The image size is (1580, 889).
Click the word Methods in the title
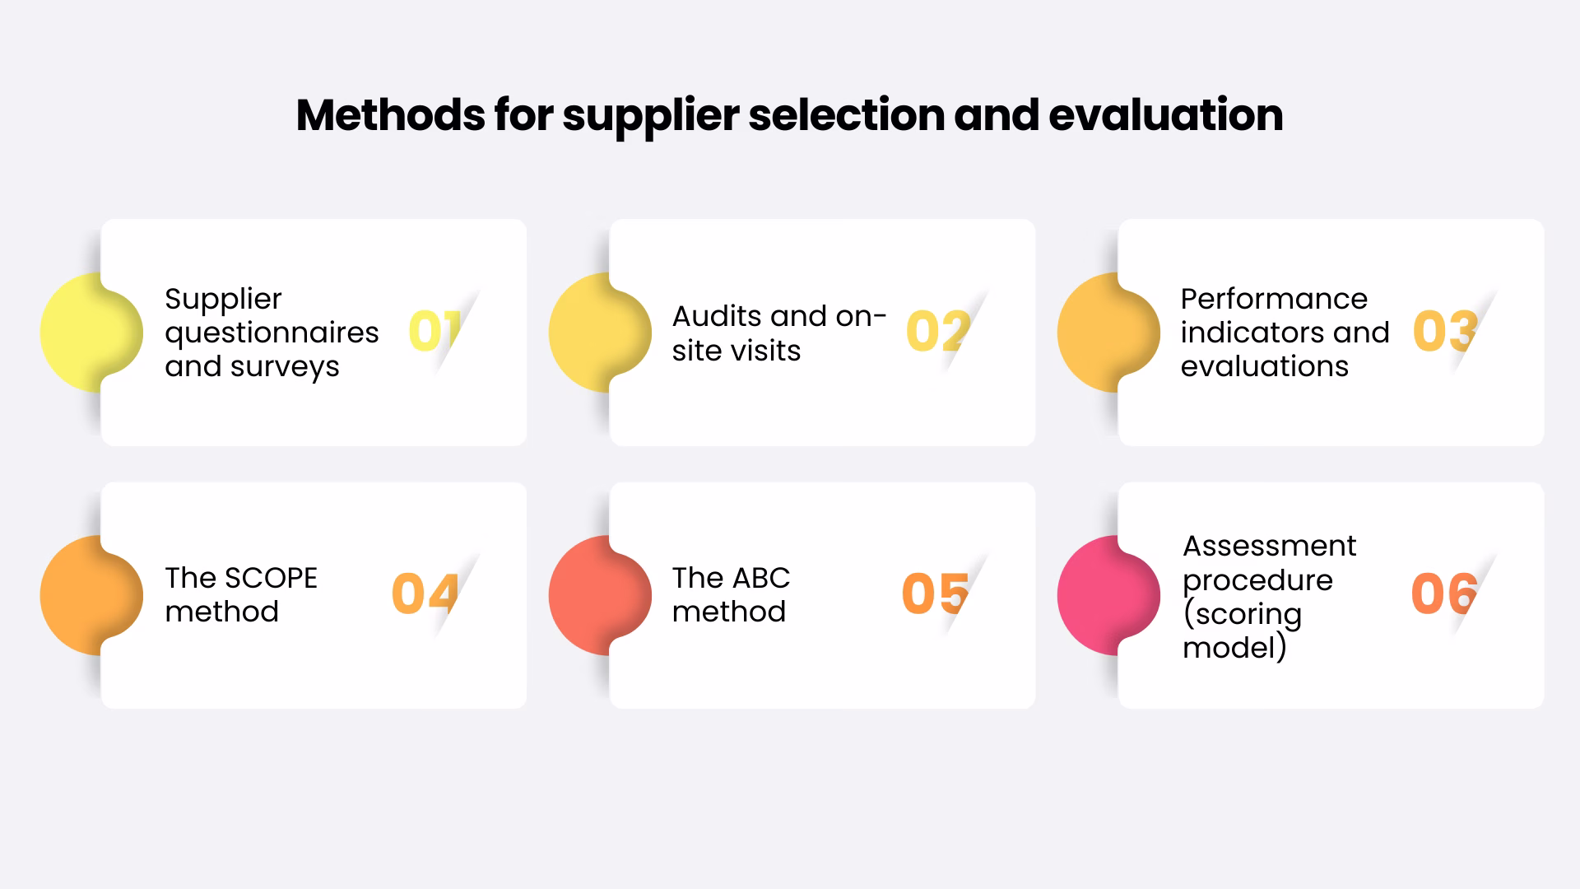[390, 114]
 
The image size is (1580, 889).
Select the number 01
[434, 331]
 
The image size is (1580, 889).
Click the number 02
[937, 332]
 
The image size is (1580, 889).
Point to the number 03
[1445, 331]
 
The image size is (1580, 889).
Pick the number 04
[425, 593]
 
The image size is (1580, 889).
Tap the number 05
[935, 593]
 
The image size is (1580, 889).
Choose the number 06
[1444, 593]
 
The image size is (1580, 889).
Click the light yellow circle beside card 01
[82, 332]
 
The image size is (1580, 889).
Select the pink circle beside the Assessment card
[1099, 595]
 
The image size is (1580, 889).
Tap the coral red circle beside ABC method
[591, 595]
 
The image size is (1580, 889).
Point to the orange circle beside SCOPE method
[82, 595]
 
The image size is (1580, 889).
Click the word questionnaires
[272, 333]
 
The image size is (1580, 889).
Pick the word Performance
[1274, 299]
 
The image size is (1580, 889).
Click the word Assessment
[1269, 546]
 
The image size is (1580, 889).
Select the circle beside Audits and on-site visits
[591, 332]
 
